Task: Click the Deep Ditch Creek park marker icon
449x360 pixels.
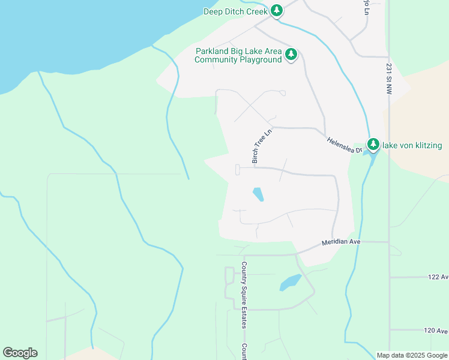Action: tap(276, 11)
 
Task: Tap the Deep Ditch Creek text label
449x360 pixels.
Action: tap(235, 11)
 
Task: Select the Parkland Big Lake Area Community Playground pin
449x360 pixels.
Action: tap(291, 55)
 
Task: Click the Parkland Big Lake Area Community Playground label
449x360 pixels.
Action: tap(239, 55)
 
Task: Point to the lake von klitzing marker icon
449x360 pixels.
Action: tap(373, 145)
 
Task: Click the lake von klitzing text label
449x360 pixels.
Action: tap(412, 145)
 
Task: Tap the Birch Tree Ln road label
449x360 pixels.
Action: tap(262, 145)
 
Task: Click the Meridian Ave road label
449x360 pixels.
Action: tap(340, 241)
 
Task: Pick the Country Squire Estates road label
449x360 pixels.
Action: tap(244, 295)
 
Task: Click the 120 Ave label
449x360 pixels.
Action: tap(436, 331)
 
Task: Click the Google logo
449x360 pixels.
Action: tap(20, 353)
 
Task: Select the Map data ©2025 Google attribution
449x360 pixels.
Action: tap(412, 355)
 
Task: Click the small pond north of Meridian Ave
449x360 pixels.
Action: tap(258, 194)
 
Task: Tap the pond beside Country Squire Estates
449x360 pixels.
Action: tap(291, 282)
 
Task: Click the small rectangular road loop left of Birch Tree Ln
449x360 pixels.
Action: tap(238, 170)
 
